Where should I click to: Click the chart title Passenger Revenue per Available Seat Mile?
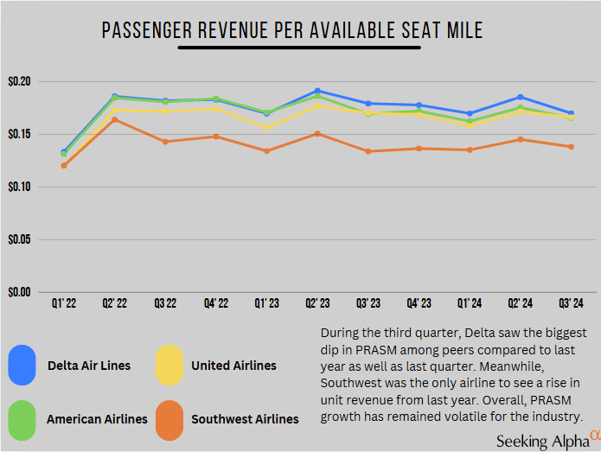coord(292,31)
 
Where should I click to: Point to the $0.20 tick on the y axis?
coord(18,81)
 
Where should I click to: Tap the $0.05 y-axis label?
coord(18,239)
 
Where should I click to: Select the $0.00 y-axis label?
coord(18,292)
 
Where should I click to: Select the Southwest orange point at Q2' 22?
coord(114,119)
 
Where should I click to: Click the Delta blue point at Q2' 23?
coord(317,90)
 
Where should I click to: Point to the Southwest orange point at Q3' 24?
coord(571,146)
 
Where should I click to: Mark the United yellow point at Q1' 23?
coord(266,127)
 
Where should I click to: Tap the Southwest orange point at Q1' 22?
coord(64,165)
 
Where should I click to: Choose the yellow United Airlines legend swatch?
coord(169,365)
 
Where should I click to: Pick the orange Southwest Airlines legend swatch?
coord(169,418)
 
